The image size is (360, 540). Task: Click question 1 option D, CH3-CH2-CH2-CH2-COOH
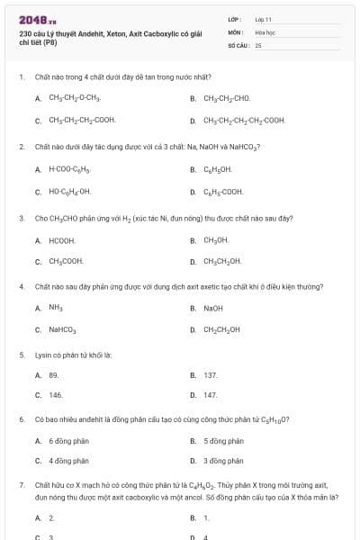point(244,120)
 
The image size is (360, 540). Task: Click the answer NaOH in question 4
point(213,308)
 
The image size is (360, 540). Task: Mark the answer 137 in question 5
point(211,374)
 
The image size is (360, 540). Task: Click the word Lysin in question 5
point(45,355)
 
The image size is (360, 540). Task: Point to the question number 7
point(21,484)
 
